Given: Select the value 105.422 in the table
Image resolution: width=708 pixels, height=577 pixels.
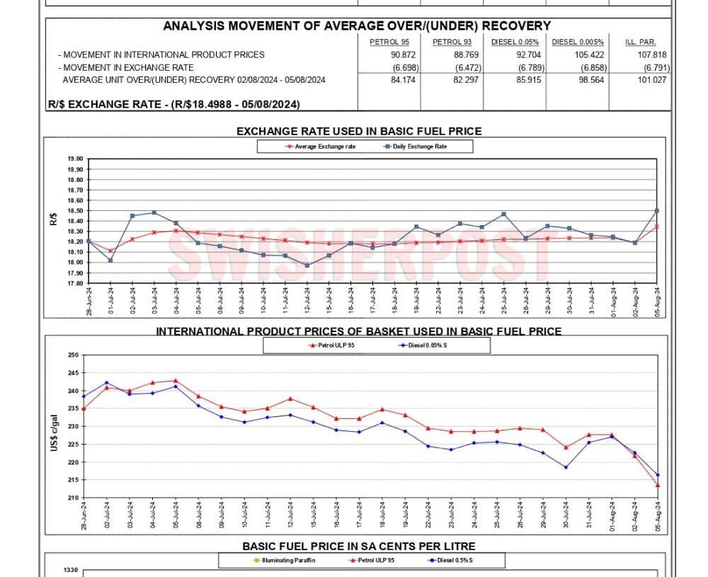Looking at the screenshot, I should (578, 55).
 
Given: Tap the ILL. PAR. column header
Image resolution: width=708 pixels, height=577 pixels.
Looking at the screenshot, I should (639, 42).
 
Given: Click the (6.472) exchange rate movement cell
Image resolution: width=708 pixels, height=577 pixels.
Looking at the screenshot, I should (468, 67).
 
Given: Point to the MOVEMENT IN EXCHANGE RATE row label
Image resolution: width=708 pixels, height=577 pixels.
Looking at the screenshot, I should (127, 67).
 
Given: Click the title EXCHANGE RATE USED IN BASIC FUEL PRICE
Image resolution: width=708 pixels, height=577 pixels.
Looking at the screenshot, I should (358, 131).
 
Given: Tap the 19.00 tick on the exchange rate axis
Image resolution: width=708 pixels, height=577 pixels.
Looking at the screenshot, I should (74, 159).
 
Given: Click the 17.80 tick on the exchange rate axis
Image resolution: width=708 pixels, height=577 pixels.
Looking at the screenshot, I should (74, 283).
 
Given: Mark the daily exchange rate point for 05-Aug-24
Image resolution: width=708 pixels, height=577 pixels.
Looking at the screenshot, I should (657, 210).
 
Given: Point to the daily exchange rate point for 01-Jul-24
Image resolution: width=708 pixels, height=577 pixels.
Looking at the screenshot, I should (110, 260).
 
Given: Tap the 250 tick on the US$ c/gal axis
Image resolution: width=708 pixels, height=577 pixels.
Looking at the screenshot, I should (74, 355).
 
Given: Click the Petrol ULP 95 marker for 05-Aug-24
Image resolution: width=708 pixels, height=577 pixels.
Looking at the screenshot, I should (658, 485).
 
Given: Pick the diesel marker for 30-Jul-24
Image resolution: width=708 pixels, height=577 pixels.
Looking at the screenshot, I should (566, 467).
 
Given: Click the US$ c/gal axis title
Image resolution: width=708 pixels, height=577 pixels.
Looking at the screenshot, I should (54, 426).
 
